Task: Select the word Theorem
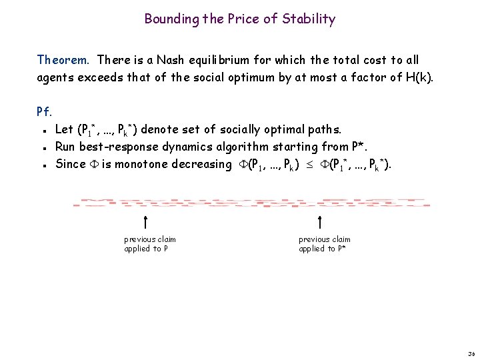pyautogui.click(x=62, y=60)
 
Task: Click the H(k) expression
pyautogui.click(x=418, y=77)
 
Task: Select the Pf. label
pyautogui.click(x=45, y=112)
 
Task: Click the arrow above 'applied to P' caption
pyautogui.click(x=145, y=223)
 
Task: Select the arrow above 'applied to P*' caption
pyautogui.click(x=320, y=223)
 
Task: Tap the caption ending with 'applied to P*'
pyautogui.click(x=324, y=244)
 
